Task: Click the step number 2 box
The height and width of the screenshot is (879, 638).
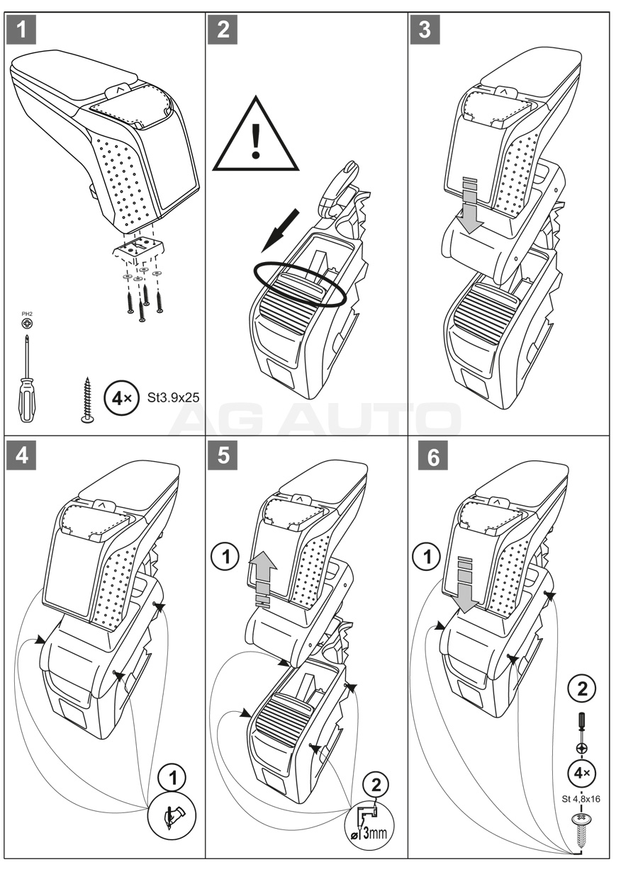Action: coord(224,30)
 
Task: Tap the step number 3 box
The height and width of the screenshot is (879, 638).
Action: coord(425,30)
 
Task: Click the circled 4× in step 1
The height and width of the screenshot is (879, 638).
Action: coord(118,397)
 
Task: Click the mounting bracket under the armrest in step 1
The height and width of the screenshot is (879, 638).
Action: coord(139,249)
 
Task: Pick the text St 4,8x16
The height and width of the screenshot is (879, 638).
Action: coord(581,799)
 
